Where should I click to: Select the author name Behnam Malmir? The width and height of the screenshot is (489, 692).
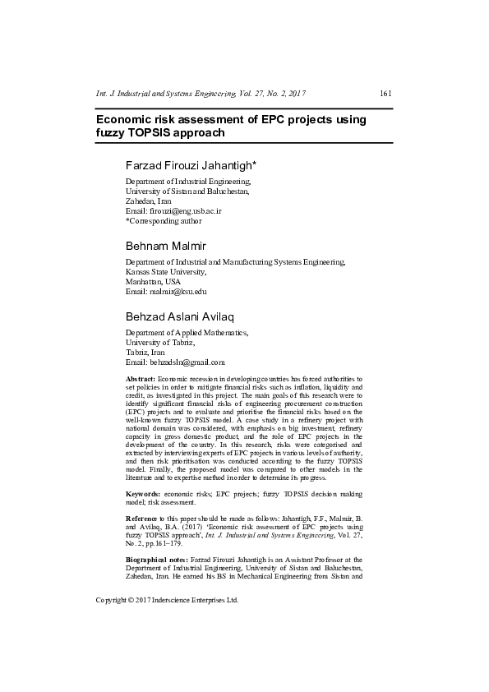pyautogui.click(x=167, y=246)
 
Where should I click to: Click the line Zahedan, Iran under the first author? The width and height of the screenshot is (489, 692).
pyautogui.click(x=148, y=201)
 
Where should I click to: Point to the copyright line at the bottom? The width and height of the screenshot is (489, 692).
pyautogui.click(x=167, y=601)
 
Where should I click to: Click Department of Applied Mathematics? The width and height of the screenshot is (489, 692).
pyautogui.click(x=186, y=332)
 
